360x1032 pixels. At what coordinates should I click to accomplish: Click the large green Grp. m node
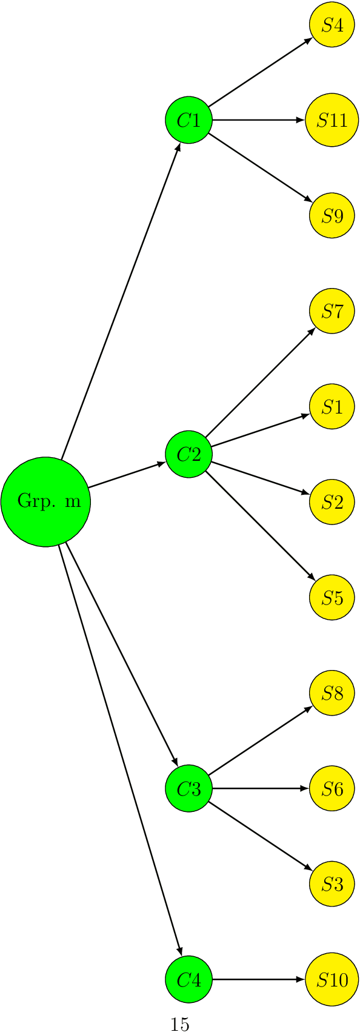tap(45, 501)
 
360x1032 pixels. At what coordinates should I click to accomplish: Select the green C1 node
tap(188, 120)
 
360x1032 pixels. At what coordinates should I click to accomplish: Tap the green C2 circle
tap(188, 454)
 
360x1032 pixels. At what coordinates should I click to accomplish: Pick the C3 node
tap(188, 788)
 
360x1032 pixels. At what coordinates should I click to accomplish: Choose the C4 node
tap(188, 979)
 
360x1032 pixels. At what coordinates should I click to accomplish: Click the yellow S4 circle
tap(332, 25)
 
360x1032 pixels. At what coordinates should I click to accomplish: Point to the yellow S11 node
tap(332, 120)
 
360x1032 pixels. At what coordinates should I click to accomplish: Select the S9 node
tap(332, 216)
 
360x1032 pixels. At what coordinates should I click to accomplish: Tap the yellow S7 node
tap(332, 311)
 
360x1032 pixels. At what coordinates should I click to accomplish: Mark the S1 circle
tap(332, 406)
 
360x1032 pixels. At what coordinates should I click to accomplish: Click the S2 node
tap(332, 502)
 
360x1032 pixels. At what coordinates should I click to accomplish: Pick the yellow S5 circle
tap(332, 598)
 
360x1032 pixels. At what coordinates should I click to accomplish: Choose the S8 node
tap(332, 693)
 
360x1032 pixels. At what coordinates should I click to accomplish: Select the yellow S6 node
tap(332, 788)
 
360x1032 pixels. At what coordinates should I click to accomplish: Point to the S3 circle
tap(332, 884)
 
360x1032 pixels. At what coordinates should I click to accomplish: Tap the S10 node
tap(332, 979)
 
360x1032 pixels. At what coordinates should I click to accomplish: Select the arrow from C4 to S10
tap(258, 979)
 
